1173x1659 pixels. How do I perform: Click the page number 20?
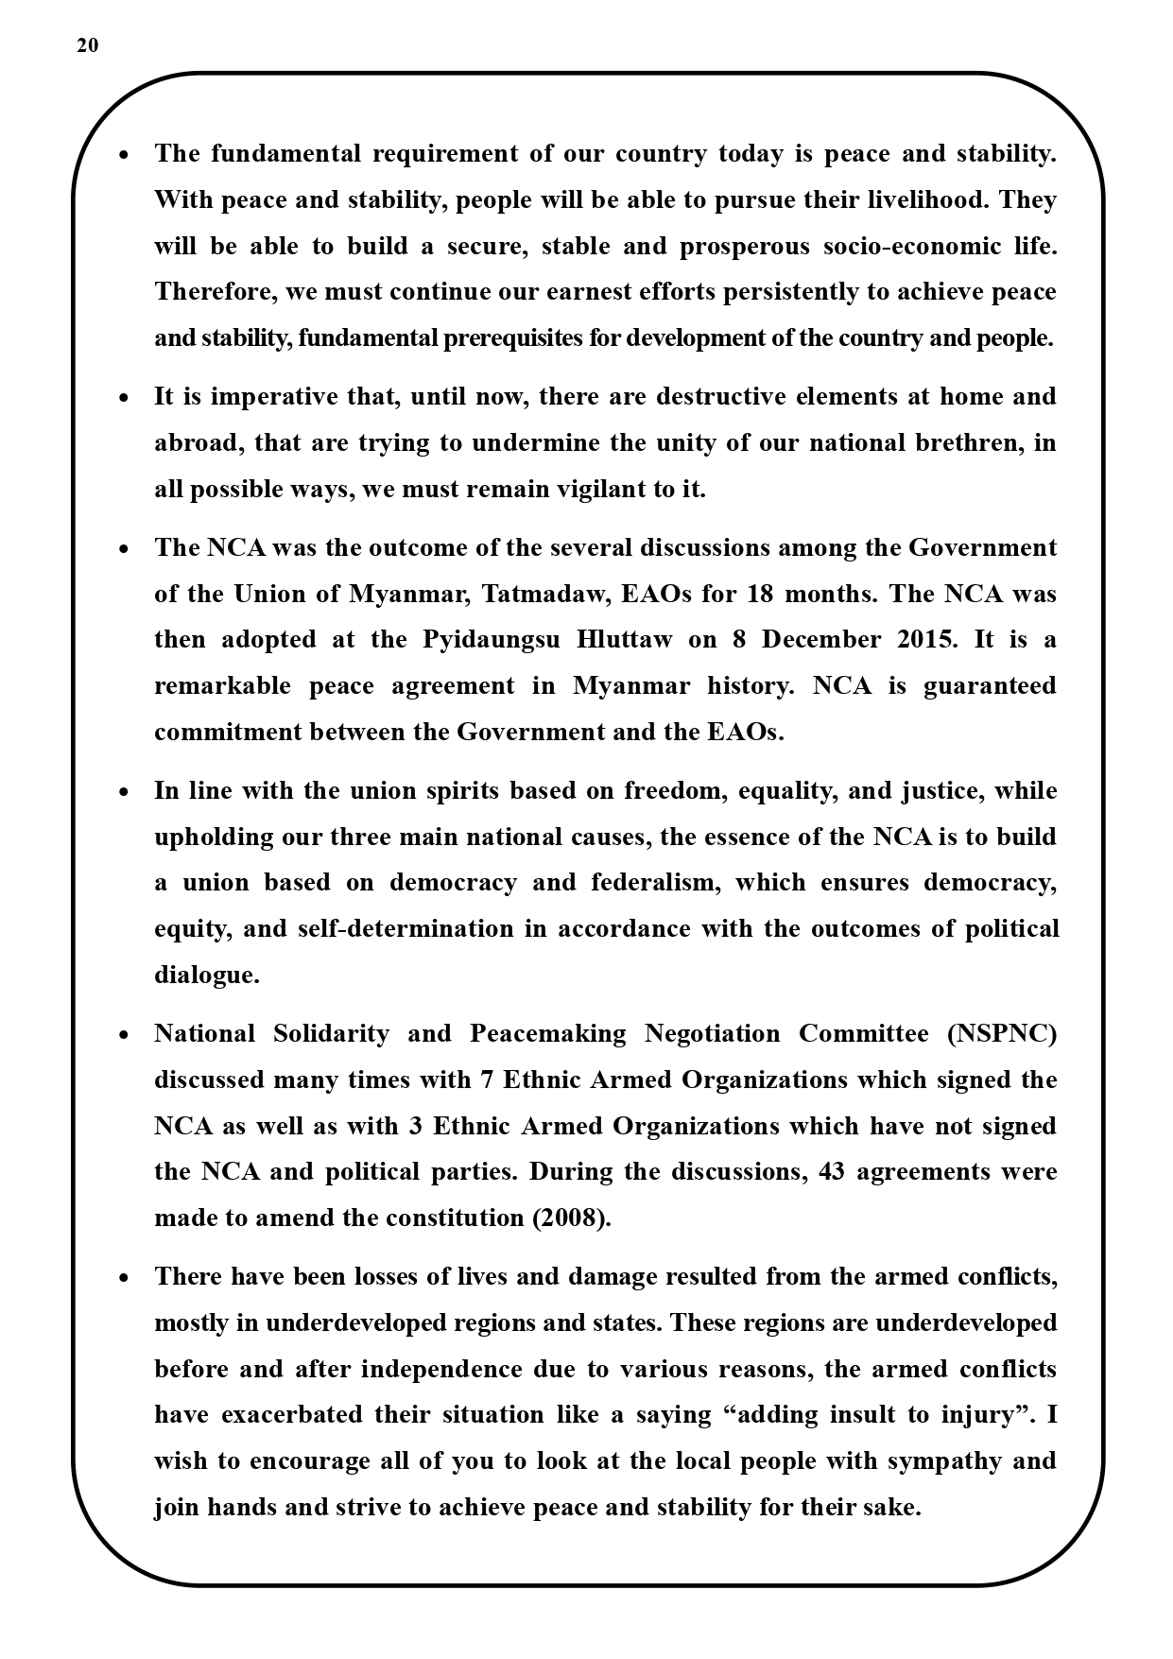(87, 46)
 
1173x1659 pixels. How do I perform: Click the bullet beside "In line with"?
(124, 792)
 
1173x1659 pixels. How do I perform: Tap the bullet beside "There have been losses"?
(124, 1278)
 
